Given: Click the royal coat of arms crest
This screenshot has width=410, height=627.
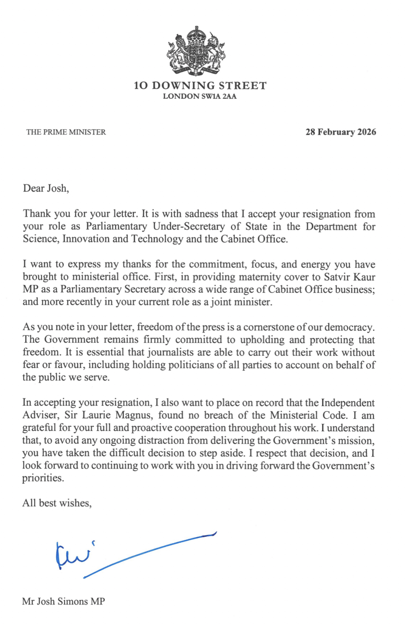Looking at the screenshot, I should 196,50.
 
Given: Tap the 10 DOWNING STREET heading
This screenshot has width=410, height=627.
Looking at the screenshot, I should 200,86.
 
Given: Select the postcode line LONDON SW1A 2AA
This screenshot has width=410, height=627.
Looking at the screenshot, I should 200,96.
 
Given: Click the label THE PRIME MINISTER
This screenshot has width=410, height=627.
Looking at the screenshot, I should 66,132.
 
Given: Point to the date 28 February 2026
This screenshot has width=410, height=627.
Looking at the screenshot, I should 340,132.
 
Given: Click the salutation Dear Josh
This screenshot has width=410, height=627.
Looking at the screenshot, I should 46,188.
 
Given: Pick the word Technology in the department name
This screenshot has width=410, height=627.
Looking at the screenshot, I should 157,239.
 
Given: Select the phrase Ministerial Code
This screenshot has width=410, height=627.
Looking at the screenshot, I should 308,415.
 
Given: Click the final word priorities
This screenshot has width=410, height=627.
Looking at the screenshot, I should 43,478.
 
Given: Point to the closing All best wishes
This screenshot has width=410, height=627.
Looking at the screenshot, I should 57,503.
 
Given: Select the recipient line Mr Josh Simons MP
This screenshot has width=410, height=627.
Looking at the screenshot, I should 63,601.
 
